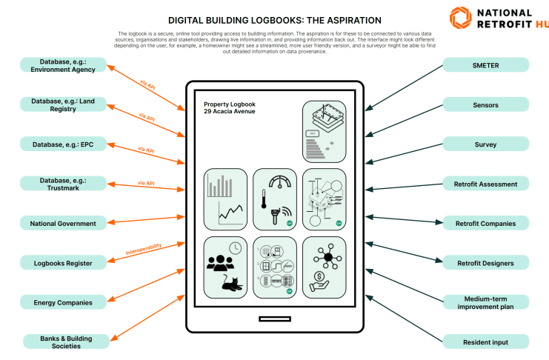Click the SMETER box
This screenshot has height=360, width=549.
(485, 65)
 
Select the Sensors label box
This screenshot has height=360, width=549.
(485, 105)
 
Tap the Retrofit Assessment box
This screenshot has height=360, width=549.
(485, 184)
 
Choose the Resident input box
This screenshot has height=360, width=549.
(485, 341)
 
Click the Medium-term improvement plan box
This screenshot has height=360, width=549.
(485, 301)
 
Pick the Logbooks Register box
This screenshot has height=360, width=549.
(63, 263)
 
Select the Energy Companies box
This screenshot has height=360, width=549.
(63, 302)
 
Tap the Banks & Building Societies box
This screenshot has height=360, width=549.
(63, 341)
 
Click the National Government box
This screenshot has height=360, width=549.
(63, 223)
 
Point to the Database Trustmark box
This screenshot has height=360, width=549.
(63, 184)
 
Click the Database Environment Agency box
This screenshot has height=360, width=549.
(63, 65)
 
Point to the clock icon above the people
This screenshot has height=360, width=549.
(234, 247)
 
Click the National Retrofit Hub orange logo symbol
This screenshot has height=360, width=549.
(459, 18)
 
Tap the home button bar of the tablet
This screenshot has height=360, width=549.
(274, 319)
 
